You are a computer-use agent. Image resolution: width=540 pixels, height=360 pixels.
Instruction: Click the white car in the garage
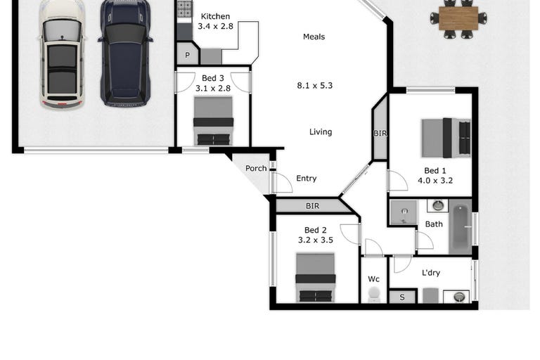coord(62,54)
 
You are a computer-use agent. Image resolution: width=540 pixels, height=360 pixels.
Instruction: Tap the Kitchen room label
coord(215,16)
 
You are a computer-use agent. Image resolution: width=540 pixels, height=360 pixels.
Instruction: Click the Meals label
coord(314,37)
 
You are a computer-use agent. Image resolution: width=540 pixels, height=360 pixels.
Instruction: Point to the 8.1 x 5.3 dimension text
coord(315,86)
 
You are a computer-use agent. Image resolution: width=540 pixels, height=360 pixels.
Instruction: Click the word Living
coord(321,131)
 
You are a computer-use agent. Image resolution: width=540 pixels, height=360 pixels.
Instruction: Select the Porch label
coord(256,168)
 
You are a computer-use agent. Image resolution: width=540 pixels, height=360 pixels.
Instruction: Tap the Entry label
coord(306,178)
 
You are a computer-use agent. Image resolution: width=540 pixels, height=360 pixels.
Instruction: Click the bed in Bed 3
coord(213,121)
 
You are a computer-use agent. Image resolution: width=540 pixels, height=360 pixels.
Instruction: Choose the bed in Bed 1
coord(446,138)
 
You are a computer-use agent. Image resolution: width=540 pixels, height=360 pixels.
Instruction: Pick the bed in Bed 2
coord(316,278)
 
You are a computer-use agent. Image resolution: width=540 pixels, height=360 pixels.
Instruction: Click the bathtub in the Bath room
coord(461,227)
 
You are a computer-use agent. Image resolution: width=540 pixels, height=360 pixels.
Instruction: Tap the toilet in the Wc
coord(374,295)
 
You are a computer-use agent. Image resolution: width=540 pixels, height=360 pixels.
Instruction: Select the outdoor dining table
coord(458,18)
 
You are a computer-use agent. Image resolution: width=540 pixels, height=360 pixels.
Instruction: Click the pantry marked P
coord(187,54)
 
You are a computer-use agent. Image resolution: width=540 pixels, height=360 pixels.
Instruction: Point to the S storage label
coord(402,297)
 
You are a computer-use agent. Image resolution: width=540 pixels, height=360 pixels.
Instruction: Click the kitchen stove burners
coord(185,8)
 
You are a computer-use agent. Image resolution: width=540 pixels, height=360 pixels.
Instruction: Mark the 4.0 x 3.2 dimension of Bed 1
coord(435,180)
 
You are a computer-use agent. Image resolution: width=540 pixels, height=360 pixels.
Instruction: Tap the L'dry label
coord(431,273)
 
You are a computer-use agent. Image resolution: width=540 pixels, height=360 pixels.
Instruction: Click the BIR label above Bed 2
coord(312,206)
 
